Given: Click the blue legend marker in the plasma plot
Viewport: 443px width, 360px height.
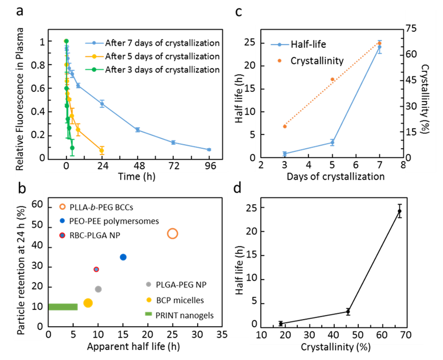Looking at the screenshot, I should pos(94,43).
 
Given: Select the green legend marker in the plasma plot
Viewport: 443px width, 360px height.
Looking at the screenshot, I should pos(94,70).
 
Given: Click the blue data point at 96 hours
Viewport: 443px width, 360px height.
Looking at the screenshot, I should pos(209,150).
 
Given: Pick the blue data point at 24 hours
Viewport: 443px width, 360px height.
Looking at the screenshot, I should pos(102,103).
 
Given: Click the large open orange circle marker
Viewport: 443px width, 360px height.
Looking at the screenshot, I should pos(172,233).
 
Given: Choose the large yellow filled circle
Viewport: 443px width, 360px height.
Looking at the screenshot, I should pos(88,303).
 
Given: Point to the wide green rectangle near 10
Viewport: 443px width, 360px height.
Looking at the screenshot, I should pos(64,307).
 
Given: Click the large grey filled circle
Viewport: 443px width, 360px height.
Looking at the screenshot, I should pos(98,289).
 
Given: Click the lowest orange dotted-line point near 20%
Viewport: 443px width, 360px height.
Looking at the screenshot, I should pos(285,126).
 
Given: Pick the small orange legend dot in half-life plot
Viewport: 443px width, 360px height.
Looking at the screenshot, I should pos(279,60).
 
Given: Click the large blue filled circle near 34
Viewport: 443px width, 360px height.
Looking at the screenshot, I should pos(123,257).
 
